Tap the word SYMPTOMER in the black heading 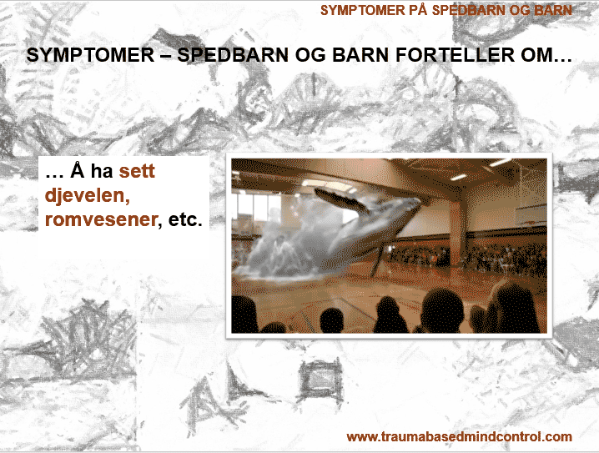coord(91,54)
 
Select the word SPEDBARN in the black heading coord(233,54)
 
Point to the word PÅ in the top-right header coord(418,10)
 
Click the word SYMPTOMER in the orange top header coord(362,11)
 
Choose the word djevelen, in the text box coord(88,195)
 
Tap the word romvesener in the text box coord(101,219)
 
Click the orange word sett coord(137,171)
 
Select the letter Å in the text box coord(77,170)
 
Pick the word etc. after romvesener coord(185,219)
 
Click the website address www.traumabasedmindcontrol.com coord(459,436)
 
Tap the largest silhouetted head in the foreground coord(442,310)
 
